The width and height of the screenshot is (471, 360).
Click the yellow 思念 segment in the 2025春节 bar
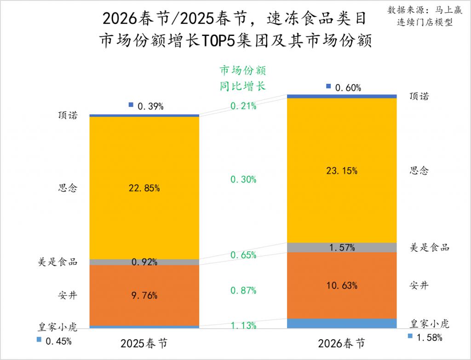click(144, 152)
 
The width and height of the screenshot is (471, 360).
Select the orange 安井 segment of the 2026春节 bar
click(342, 299)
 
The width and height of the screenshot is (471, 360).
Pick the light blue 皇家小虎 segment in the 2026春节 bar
click(342, 323)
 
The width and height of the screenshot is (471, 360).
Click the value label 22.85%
click(144, 188)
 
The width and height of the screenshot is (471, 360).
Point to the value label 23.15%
click(342, 171)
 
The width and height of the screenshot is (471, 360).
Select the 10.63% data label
click(342, 285)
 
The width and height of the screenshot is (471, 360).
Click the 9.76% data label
click(144, 295)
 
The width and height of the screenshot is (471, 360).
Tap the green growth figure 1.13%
click(243, 326)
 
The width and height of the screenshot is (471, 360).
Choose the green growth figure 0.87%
click(243, 290)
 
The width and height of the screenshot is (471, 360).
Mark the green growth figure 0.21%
click(243, 106)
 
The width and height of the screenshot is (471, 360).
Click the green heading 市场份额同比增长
click(243, 78)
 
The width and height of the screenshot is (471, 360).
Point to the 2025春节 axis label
click(144, 343)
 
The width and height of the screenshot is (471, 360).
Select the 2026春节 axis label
click(342, 343)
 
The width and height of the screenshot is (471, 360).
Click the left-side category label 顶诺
click(68, 116)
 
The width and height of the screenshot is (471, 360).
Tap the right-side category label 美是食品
click(429, 247)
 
